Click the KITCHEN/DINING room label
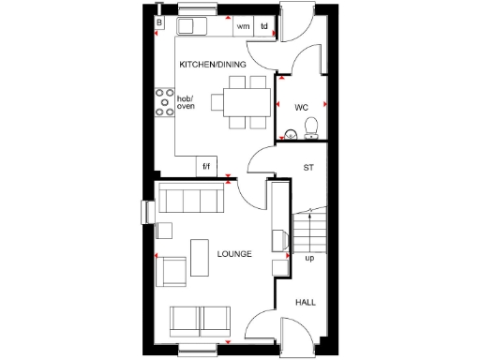(213, 64)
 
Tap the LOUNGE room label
(233, 254)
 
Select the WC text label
(301, 107)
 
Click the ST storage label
(307, 169)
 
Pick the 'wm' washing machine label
(244, 26)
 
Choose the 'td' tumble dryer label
(264, 26)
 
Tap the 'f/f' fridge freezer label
(207, 167)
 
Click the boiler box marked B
(160, 22)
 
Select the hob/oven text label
(186, 102)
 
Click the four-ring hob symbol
(164, 102)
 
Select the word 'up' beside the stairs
(308, 258)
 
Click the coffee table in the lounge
(201, 257)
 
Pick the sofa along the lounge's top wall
(191, 199)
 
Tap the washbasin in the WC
(291, 137)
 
